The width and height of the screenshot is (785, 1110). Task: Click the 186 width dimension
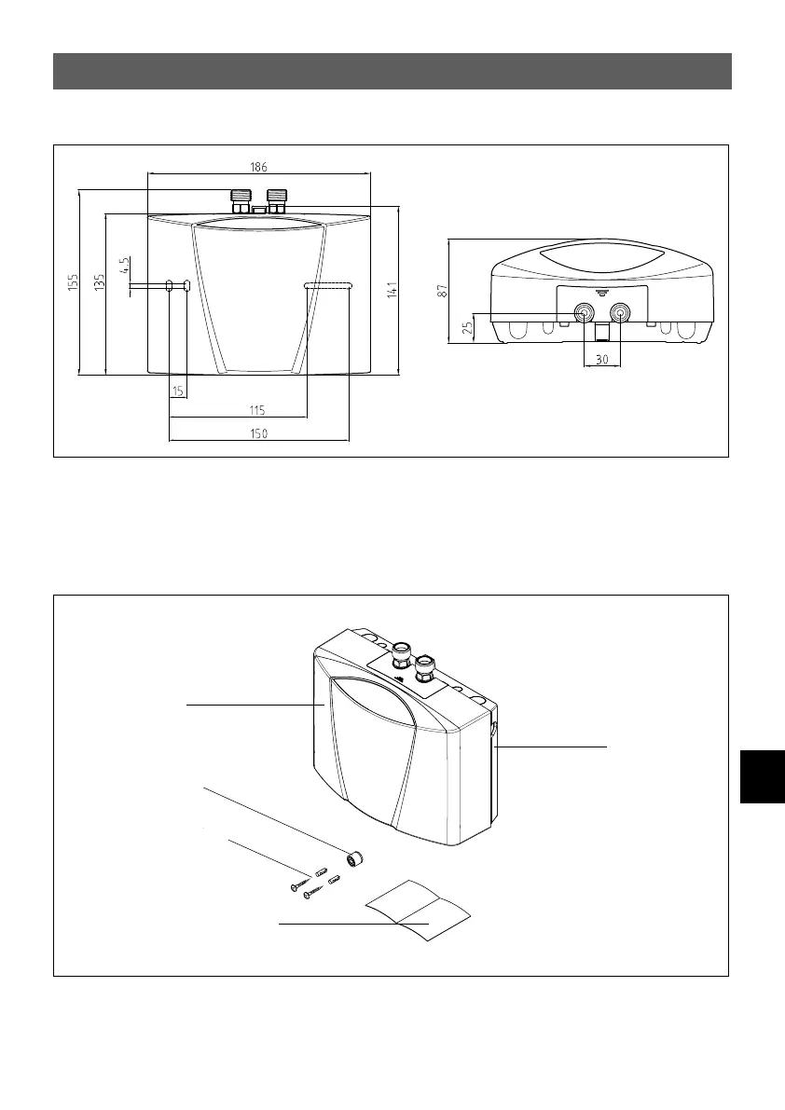[258, 167]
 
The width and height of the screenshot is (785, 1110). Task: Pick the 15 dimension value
[178, 391]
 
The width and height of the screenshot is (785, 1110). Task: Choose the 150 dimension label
[257, 433]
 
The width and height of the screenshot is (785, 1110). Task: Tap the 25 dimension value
[468, 327]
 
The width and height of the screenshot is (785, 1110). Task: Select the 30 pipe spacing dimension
[602, 358]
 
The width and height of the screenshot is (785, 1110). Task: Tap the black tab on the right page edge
[763, 759]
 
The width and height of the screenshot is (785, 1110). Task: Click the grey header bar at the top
[392, 71]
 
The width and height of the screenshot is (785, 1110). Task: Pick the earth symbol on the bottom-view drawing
[602, 292]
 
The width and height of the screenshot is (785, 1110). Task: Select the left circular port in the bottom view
[585, 312]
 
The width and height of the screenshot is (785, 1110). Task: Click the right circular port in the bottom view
[618, 312]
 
